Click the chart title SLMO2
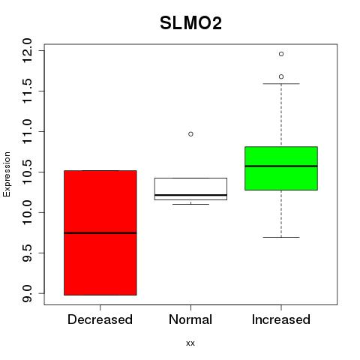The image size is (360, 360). click(x=190, y=23)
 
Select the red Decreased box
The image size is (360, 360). click(x=100, y=232)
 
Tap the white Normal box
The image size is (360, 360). click(x=190, y=189)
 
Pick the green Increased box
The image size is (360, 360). click(x=281, y=168)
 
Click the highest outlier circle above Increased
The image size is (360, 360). click(x=281, y=54)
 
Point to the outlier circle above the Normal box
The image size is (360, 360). click(x=190, y=134)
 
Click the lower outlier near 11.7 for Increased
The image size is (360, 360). click(x=281, y=76)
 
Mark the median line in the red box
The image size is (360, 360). click(x=100, y=233)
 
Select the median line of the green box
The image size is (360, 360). click(x=281, y=166)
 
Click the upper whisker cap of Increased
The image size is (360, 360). click(x=281, y=84)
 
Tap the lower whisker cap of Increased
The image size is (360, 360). click(x=281, y=237)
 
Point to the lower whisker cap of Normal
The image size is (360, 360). click(x=190, y=204)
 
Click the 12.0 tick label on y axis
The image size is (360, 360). click(x=27, y=51)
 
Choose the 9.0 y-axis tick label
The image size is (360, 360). click(x=27, y=293)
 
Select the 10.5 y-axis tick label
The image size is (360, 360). click(x=27, y=172)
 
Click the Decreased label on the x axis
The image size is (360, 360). click(x=100, y=319)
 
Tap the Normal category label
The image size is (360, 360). click(x=190, y=319)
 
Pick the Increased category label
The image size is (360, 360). click(x=281, y=319)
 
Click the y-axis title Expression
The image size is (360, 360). click(x=7, y=174)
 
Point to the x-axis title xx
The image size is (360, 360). click(x=190, y=343)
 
